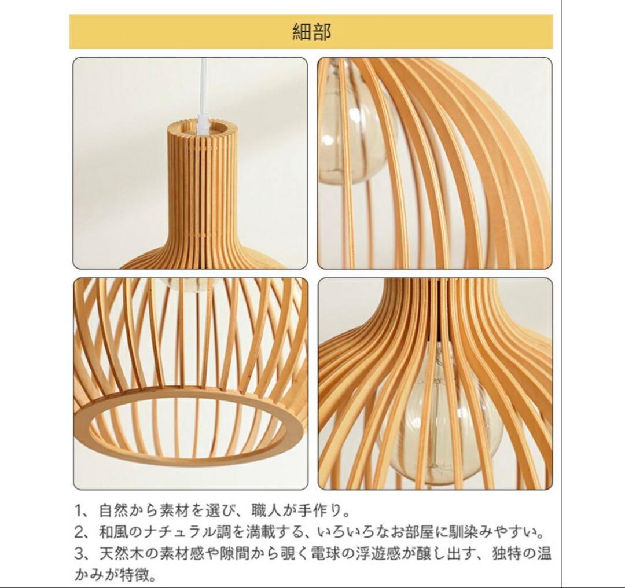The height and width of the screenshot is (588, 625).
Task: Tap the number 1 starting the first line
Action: (80, 512)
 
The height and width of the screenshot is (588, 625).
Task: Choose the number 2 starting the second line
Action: (80, 532)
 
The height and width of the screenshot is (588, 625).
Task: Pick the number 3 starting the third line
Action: (80, 553)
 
